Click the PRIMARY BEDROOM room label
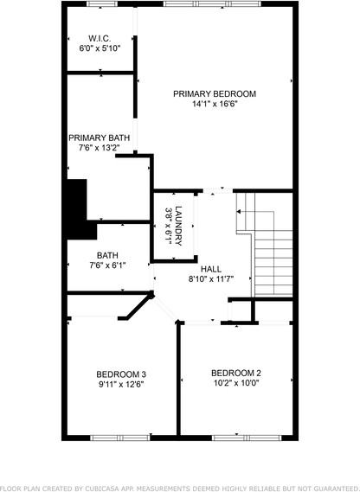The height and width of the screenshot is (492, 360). tap(214, 93)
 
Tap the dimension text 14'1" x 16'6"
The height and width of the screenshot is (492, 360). tap(214, 104)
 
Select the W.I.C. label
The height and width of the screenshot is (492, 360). tap(100, 38)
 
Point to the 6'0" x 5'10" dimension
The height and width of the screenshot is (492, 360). tap(100, 48)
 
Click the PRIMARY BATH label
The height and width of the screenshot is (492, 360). tap(100, 137)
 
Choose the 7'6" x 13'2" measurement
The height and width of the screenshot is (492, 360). tap(100, 148)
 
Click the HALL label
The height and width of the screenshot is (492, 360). tap(210, 269)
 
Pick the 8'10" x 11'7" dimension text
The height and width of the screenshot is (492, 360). tap(210, 279)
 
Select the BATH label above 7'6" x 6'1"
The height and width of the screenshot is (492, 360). tap(107, 255)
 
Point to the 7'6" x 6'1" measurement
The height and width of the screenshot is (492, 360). tap(107, 265)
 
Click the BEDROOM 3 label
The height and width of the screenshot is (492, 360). tap(120, 374)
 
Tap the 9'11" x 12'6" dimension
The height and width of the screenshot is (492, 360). tap(120, 385)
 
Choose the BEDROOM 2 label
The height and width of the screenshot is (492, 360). tap(235, 373)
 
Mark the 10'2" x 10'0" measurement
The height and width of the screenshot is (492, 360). tap(235, 383)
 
